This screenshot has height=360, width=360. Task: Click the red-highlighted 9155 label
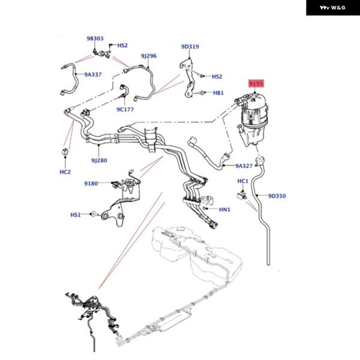click(x=256, y=84)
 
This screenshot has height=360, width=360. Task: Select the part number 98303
click(x=95, y=39)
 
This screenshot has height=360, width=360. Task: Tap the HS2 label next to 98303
click(x=122, y=46)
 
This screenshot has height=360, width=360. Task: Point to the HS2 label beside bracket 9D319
click(x=217, y=77)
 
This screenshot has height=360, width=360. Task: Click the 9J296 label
click(x=149, y=56)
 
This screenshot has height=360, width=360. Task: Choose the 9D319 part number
click(x=190, y=47)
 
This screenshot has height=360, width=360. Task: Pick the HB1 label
click(x=218, y=93)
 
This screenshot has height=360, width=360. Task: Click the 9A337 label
click(x=93, y=75)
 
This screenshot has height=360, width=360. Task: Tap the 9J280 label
click(x=99, y=160)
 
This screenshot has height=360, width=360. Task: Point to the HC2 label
click(x=65, y=172)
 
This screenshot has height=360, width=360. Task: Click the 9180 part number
click(x=91, y=184)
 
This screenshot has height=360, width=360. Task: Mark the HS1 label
click(x=76, y=214)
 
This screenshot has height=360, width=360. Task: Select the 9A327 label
click(x=244, y=166)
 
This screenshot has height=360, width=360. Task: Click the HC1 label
click(x=243, y=181)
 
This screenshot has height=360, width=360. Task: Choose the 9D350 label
click(x=277, y=196)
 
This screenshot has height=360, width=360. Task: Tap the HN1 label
click(x=224, y=209)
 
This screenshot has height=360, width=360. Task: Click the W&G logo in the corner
click(x=333, y=8)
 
